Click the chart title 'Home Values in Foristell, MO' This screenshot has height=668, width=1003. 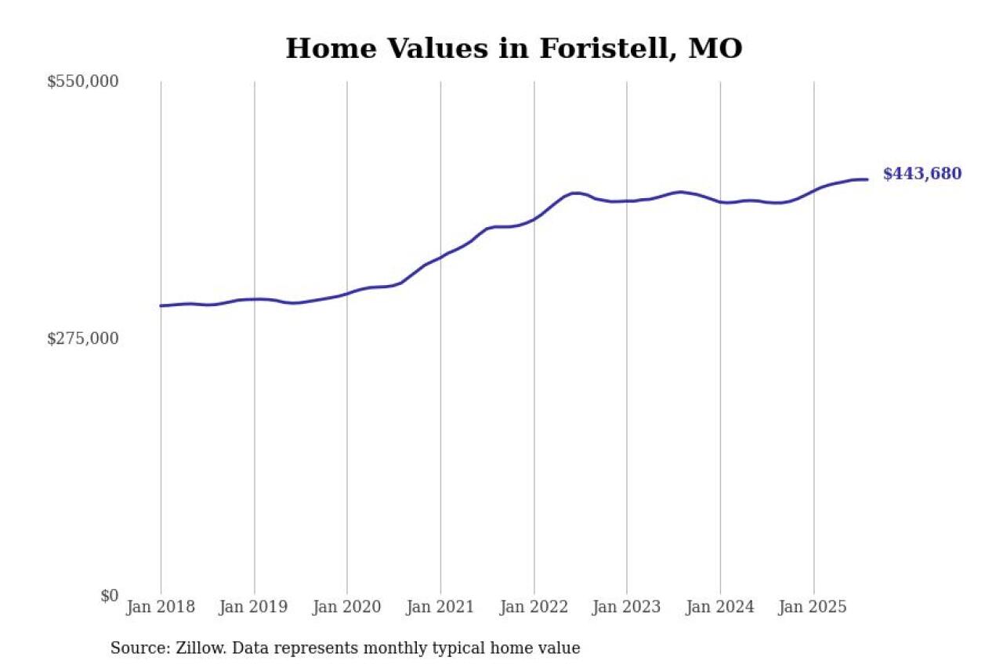click(513, 49)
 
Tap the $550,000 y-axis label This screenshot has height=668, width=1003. click(83, 81)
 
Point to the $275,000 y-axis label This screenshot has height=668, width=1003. click(83, 338)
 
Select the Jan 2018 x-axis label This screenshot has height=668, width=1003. click(161, 607)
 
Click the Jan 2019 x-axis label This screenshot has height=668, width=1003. click(254, 607)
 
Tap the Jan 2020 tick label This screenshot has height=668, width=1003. click(347, 607)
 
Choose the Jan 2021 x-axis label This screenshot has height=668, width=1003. click(440, 607)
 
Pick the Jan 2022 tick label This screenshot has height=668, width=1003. click(534, 607)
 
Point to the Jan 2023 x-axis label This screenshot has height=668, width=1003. click(627, 607)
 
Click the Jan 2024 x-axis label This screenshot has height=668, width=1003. click(720, 607)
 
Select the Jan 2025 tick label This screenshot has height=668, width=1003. click(813, 607)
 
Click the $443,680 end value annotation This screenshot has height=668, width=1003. click(922, 174)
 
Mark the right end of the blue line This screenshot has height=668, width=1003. click(867, 179)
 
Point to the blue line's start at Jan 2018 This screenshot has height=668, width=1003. click(161, 305)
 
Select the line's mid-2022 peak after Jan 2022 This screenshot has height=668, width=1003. click(576, 193)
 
